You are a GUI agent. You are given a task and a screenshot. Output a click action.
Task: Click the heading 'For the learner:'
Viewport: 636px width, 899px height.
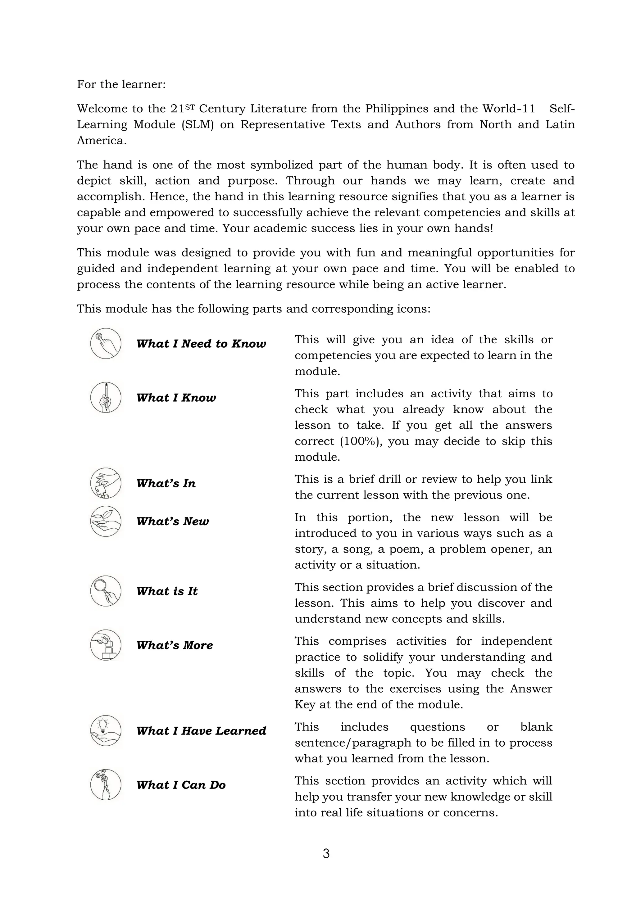pos(121,84)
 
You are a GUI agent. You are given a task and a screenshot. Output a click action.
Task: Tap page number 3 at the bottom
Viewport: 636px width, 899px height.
pos(326,853)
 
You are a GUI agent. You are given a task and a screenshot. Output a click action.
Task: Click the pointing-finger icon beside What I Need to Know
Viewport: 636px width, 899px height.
pos(106,343)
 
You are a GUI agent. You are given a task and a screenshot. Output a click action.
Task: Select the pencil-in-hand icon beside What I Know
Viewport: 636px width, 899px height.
pos(106,397)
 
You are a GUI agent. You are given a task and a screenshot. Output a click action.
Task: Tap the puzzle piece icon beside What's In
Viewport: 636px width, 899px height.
pos(106,483)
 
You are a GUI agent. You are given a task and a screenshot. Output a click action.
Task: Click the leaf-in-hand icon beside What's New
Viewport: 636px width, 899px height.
pos(106,521)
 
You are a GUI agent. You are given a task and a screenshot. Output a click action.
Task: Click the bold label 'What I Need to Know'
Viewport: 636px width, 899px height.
pos(201,344)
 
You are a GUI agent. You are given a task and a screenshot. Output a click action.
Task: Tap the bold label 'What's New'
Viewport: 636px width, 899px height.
pos(172,522)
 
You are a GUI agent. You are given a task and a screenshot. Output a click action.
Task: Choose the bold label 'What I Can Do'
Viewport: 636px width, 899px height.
pos(181,785)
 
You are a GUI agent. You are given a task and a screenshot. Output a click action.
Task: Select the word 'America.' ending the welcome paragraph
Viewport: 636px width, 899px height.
pos(102,141)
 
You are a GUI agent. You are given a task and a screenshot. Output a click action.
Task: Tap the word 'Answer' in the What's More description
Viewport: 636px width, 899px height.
pos(531,689)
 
